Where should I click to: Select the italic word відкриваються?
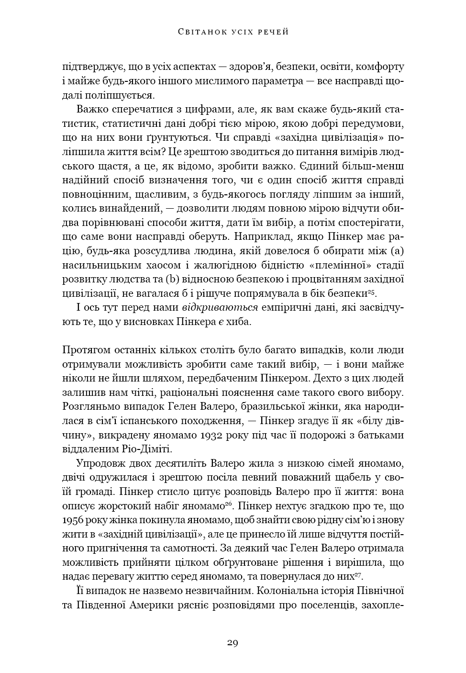click(x=220, y=308)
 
